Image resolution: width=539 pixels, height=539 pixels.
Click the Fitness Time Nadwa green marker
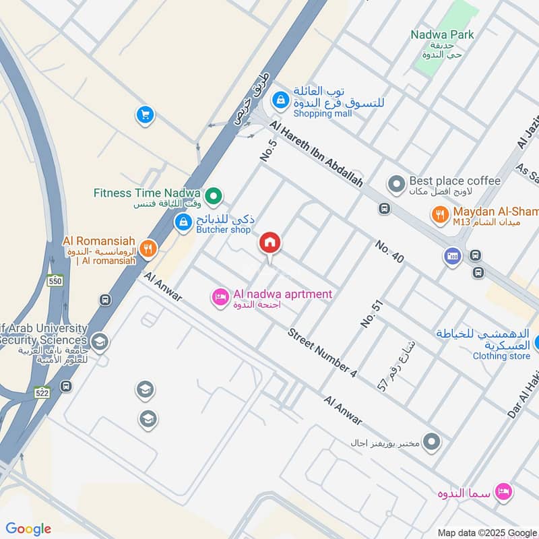(x=214, y=196)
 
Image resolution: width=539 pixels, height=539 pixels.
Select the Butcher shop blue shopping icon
(x=182, y=221)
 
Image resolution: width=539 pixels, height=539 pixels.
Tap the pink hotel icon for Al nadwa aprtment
(x=220, y=296)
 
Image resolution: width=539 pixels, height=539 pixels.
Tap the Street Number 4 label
(x=323, y=352)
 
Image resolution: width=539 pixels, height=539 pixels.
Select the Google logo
(x=28, y=529)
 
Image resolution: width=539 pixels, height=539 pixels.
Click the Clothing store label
(x=501, y=356)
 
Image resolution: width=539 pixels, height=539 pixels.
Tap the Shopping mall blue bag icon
(x=280, y=101)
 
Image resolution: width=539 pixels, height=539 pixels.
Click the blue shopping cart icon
(x=144, y=115)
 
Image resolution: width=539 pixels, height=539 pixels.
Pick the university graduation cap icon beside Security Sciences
(x=100, y=342)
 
